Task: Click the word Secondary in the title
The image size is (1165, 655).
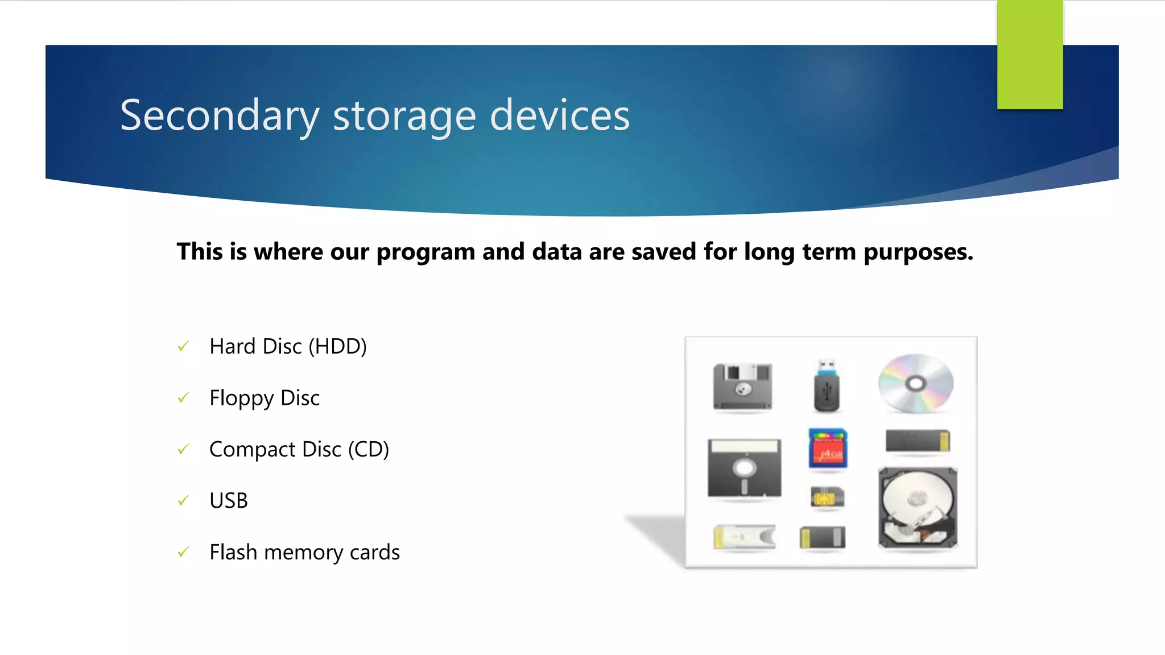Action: click(219, 115)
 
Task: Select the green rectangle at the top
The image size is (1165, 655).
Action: click(1030, 55)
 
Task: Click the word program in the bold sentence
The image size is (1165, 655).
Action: click(425, 252)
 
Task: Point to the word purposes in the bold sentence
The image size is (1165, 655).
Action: click(918, 252)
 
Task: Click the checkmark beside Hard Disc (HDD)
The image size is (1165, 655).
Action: click(183, 346)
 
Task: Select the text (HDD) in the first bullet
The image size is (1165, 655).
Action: click(337, 346)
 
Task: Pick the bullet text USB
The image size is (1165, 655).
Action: click(229, 501)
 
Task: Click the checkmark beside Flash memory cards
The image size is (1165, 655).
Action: click(183, 552)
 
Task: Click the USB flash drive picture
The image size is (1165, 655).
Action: click(827, 386)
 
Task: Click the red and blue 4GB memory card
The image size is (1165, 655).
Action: click(828, 449)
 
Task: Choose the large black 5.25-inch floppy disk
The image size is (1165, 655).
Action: click(744, 468)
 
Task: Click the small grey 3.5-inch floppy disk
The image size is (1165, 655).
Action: click(743, 387)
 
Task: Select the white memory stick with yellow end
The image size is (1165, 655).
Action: click(744, 537)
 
